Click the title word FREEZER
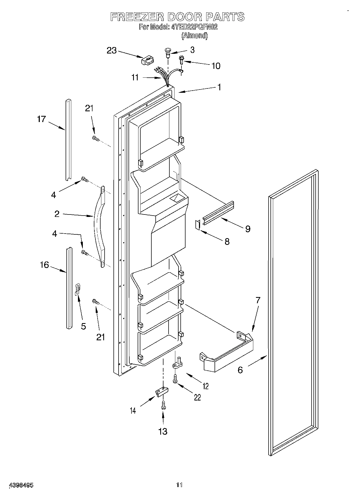(x=137, y=17)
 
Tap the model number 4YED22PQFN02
(x=194, y=27)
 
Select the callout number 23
(x=112, y=50)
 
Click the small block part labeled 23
(x=148, y=60)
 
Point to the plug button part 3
(x=168, y=52)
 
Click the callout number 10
(x=216, y=66)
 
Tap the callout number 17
(x=42, y=119)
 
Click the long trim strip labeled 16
(x=69, y=288)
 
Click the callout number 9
(x=248, y=229)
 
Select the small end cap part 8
(x=198, y=225)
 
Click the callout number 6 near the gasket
(x=240, y=370)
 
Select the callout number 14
(x=133, y=410)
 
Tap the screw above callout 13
(x=163, y=405)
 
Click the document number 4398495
(x=21, y=485)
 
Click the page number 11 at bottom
(x=179, y=485)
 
